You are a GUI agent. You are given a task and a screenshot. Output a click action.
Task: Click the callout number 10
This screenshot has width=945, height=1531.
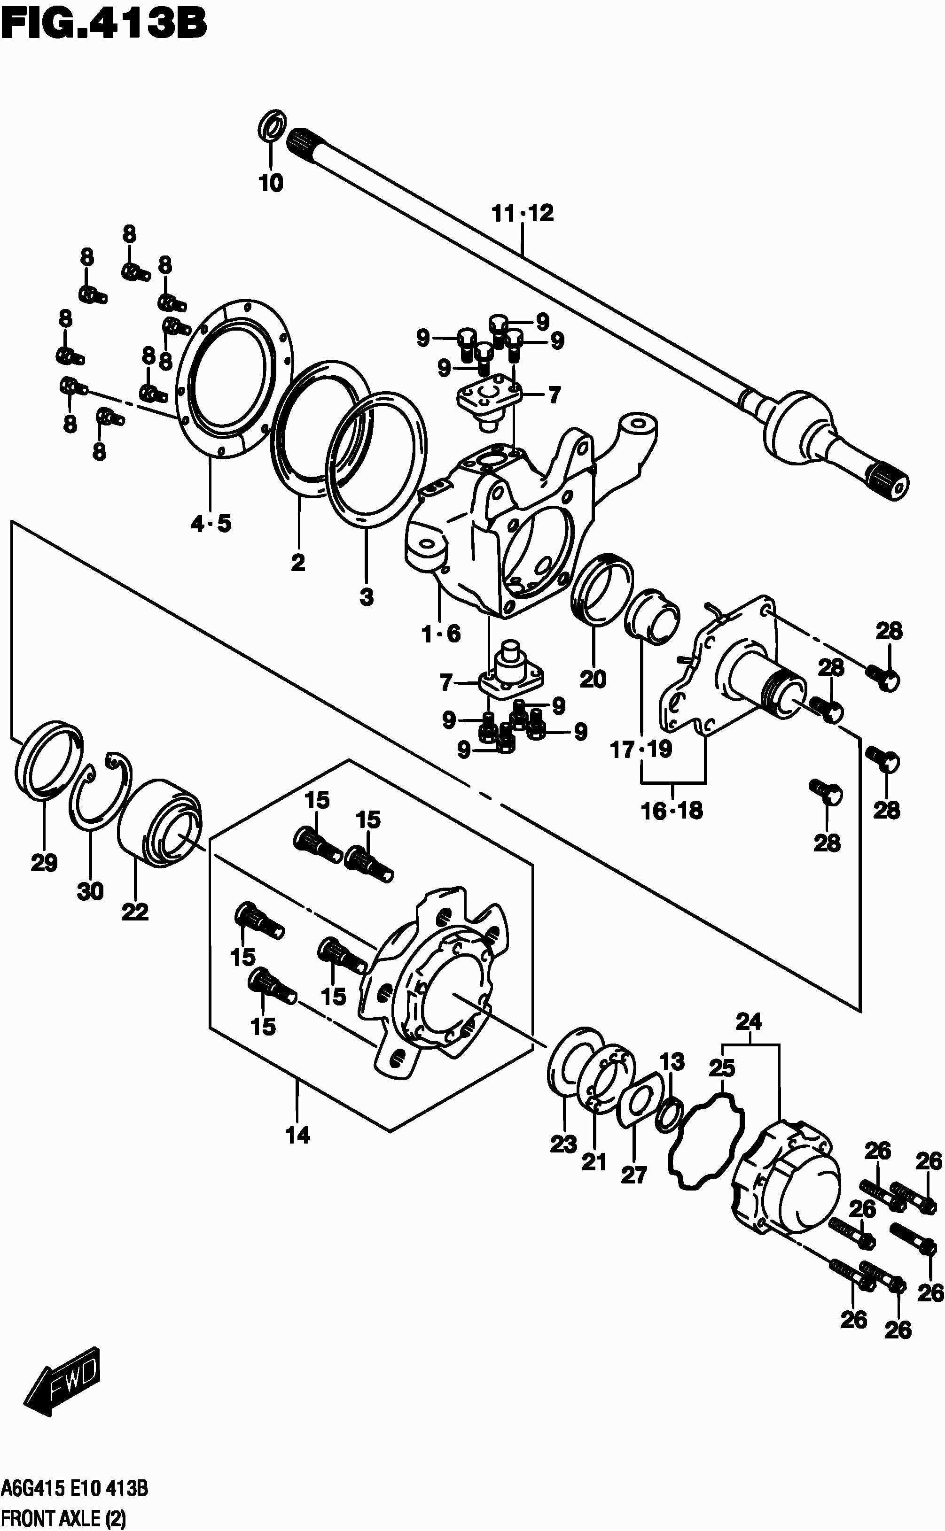click(271, 184)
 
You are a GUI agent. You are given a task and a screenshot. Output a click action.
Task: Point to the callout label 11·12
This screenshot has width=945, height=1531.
click(523, 214)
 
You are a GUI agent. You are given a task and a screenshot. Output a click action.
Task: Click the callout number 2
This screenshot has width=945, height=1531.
click(298, 563)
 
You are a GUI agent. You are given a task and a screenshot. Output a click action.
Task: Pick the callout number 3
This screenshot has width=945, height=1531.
click(366, 597)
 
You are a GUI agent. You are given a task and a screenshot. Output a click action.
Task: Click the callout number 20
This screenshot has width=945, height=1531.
click(593, 680)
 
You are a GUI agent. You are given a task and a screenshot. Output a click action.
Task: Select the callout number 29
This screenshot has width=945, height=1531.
click(44, 864)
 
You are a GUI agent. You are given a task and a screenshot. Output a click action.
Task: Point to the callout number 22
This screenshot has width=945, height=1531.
click(135, 912)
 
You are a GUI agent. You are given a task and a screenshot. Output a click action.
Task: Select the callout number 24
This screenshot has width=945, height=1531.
click(749, 1022)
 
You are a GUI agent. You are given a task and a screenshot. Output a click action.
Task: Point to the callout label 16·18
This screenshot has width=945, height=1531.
click(672, 812)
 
